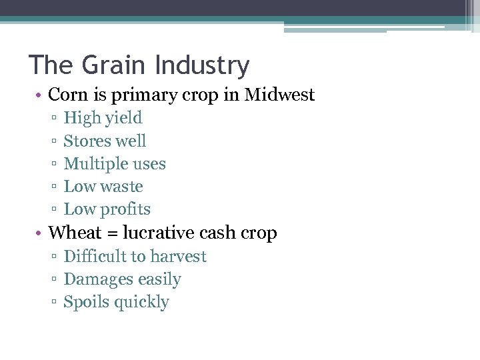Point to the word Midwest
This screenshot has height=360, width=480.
tap(279, 95)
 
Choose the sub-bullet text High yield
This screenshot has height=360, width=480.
tap(103, 118)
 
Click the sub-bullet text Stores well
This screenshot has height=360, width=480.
tap(105, 141)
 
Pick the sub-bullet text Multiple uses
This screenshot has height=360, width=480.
tap(115, 163)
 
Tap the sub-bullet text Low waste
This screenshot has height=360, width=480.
tap(103, 186)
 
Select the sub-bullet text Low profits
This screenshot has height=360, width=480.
tap(107, 209)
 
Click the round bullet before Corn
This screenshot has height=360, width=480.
tap(40, 95)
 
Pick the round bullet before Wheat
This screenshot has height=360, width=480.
tap(40, 233)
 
